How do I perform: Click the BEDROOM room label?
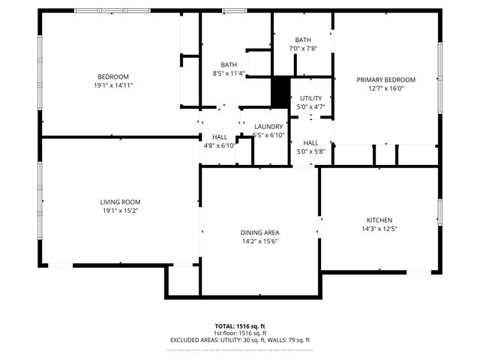pos(113,76)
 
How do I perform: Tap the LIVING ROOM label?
pos(120,202)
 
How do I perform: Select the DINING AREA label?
pos(260,233)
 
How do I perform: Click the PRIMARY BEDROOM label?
pos(386,79)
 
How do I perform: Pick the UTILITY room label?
pos(310,98)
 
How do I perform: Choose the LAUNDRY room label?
pos(268,127)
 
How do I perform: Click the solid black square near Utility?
pos(280,93)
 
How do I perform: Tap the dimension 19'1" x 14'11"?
pos(113,85)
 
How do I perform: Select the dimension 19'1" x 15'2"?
pos(120,211)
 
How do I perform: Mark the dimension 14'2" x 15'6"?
pos(260,242)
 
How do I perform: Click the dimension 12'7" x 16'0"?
pos(386,88)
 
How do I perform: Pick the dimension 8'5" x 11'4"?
pos(229,73)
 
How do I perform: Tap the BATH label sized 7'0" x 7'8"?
pos(303,40)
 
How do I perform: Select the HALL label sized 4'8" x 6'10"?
pos(220,137)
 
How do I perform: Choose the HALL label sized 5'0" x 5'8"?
pos(310,142)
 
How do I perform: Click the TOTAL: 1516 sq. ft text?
pos(240,326)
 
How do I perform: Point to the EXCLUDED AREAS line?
pos(240,340)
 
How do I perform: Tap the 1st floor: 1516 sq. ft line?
pos(240,333)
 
